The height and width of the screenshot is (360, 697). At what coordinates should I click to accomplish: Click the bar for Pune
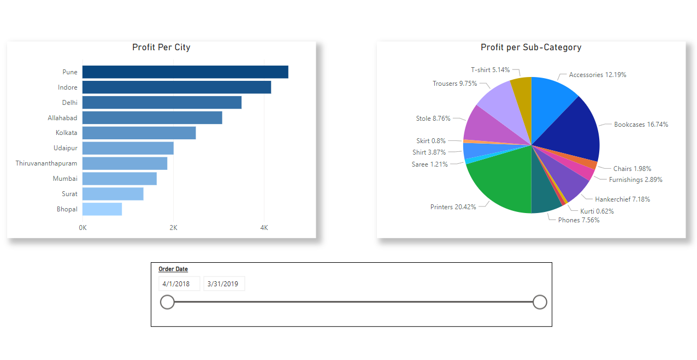pyautogui.click(x=185, y=72)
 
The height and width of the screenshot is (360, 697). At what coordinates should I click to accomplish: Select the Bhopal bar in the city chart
pyautogui.click(x=102, y=209)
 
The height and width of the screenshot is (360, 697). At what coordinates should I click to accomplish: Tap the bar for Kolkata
pyautogui.click(x=139, y=133)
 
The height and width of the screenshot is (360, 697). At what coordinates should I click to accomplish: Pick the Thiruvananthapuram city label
pyautogui.click(x=46, y=163)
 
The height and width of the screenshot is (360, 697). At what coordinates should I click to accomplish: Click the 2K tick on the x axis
pyautogui.click(x=173, y=227)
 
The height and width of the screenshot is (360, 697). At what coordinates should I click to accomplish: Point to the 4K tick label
pyautogui.click(x=264, y=227)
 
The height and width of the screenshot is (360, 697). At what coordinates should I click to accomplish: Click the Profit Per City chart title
pyautogui.click(x=161, y=48)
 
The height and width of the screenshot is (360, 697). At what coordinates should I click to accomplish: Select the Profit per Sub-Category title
pyautogui.click(x=531, y=48)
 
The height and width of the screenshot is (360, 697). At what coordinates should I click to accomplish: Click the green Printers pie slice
pyautogui.click(x=500, y=183)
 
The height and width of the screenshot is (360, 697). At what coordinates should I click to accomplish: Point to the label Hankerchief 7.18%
pyautogui.click(x=622, y=199)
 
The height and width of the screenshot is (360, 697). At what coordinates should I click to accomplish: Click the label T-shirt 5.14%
pyautogui.click(x=490, y=70)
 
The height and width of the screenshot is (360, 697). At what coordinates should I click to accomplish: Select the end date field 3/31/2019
pyautogui.click(x=224, y=284)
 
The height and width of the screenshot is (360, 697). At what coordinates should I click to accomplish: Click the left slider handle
pyautogui.click(x=167, y=302)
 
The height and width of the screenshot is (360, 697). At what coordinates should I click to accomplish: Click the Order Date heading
pyautogui.click(x=173, y=269)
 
